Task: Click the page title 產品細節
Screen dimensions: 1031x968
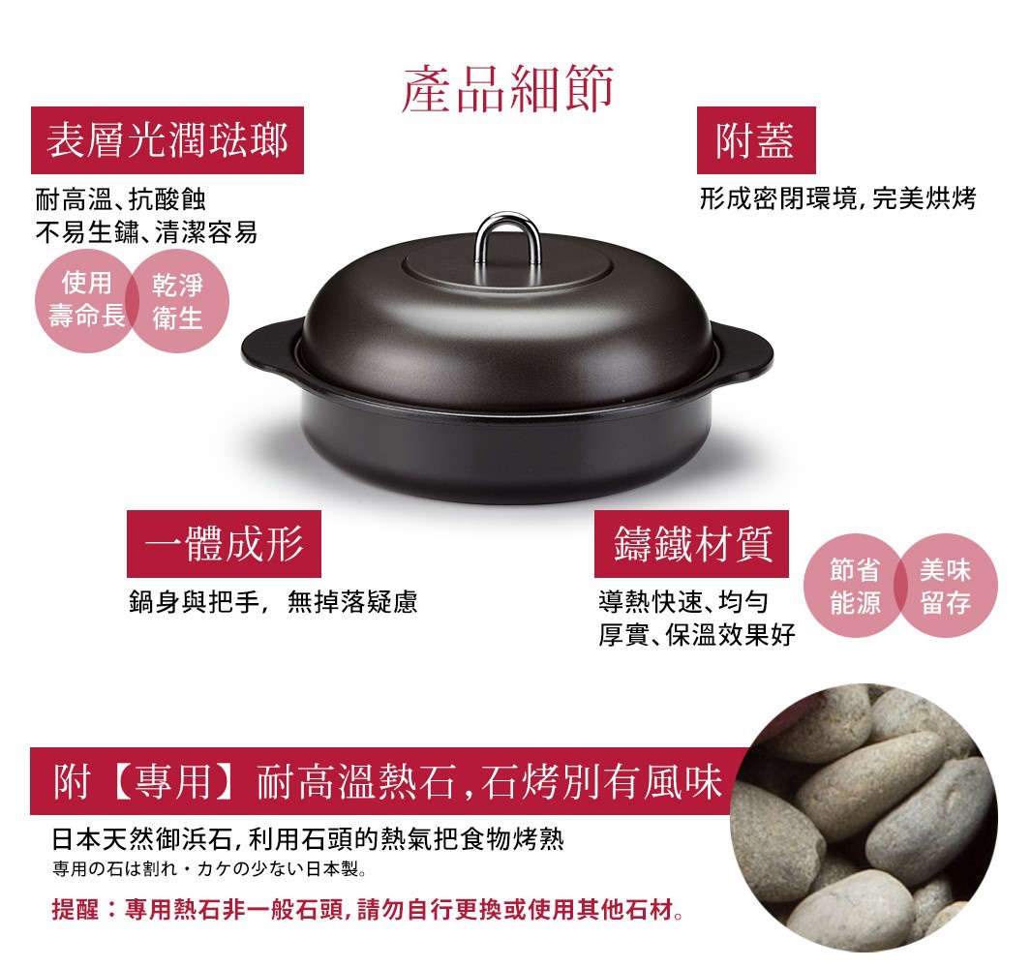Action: pos(507,89)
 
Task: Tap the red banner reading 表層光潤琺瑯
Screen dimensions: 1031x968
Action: pos(167,140)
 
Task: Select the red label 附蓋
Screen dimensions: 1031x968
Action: pos(756,140)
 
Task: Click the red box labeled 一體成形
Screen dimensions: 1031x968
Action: pos(224,544)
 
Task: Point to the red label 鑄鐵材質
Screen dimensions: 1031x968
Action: pos(691,544)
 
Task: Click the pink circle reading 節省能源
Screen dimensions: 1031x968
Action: pos(854,586)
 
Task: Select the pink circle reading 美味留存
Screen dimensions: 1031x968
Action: pos(947,586)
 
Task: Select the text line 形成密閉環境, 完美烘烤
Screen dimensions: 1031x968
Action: pos(837,197)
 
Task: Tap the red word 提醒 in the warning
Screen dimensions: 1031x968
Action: pos(75,910)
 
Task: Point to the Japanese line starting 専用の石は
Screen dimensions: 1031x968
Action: pos(210,869)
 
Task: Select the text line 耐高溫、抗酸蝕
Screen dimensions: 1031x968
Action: pos(121,197)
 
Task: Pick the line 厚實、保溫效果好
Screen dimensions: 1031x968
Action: pos(697,635)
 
